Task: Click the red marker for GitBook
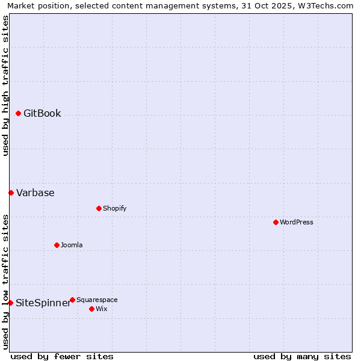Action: click(x=18, y=113)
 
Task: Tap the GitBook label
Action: click(x=42, y=114)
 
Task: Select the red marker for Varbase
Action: click(x=11, y=193)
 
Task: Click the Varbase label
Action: click(x=35, y=193)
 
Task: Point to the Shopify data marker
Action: click(x=99, y=208)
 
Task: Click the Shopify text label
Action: click(x=114, y=209)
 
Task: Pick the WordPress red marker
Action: click(x=276, y=222)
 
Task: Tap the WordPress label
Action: click(x=297, y=223)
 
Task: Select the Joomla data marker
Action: click(x=57, y=245)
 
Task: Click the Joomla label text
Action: click(x=72, y=245)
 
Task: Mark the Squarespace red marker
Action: click(x=72, y=300)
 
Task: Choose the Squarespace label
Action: click(x=97, y=300)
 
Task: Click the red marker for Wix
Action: click(x=91, y=309)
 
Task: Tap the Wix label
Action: click(x=101, y=309)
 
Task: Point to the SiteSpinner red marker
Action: click(x=10, y=303)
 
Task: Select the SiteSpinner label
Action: click(x=43, y=303)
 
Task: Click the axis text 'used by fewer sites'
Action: click(x=62, y=356)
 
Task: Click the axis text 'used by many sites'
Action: click(x=302, y=356)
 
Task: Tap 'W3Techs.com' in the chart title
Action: click(x=328, y=6)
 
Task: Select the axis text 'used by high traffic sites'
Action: click(x=6, y=85)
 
